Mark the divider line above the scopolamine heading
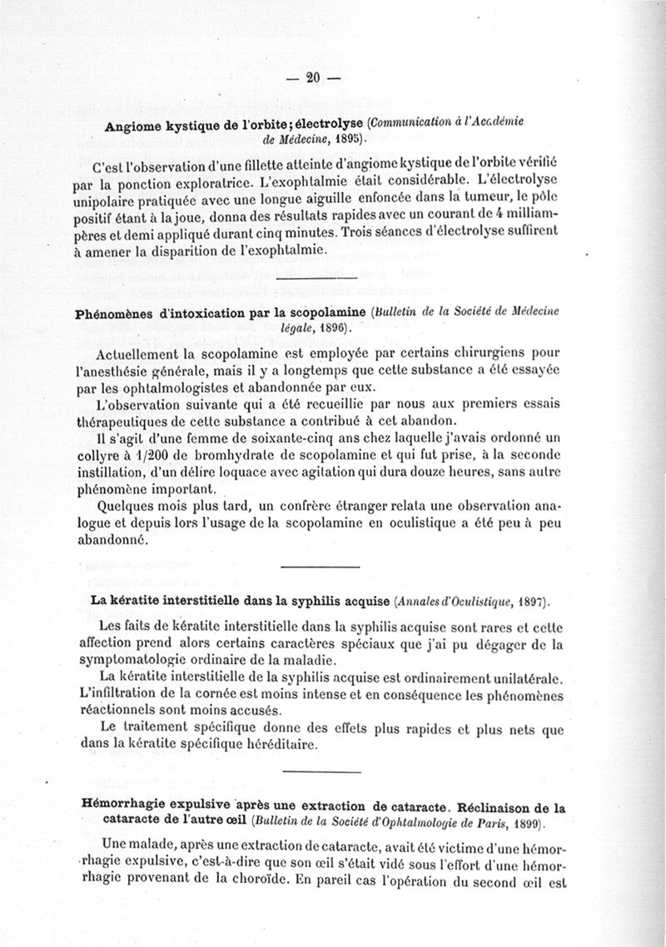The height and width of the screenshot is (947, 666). (x=318, y=280)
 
